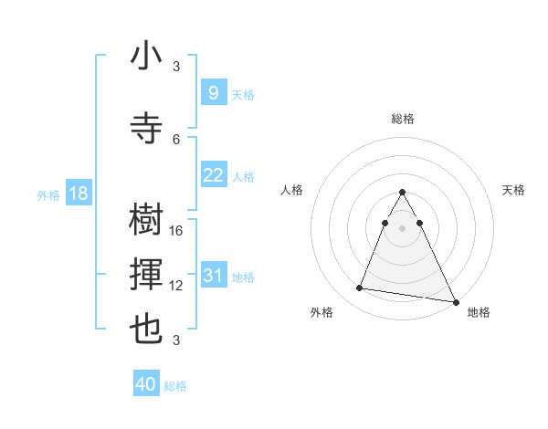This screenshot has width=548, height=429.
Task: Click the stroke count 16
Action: [177, 231]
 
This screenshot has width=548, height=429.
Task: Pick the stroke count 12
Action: [177, 286]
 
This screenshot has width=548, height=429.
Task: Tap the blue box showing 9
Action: [213, 92]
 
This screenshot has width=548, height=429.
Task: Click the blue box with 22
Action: [213, 175]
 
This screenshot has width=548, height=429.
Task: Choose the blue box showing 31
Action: [213, 276]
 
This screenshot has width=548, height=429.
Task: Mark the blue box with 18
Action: [78, 194]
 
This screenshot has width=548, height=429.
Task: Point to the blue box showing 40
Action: [146, 384]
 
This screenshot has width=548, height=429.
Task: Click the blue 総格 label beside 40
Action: [175, 386]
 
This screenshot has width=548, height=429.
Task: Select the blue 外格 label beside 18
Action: [48, 194]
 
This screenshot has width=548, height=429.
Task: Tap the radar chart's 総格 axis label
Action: [403, 119]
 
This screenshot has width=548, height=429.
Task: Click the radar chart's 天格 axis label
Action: [514, 190]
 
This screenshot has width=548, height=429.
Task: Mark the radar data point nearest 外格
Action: [360, 288]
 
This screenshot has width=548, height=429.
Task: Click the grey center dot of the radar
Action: [403, 227]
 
